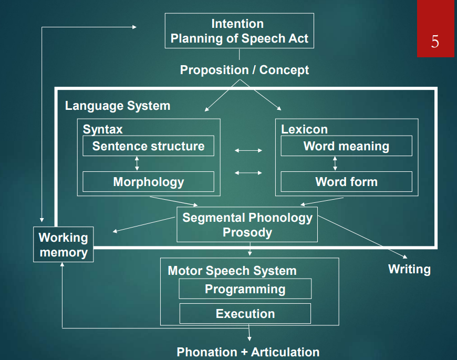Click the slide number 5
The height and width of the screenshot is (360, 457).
coord(435,41)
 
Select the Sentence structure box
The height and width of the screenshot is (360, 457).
coord(148,146)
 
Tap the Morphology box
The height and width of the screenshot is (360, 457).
coord(148,182)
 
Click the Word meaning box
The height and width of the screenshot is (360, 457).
coord(346,146)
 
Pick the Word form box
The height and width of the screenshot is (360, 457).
coord(346,182)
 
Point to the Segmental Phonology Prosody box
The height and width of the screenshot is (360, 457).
coord(247,225)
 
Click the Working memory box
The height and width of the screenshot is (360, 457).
coord(64,245)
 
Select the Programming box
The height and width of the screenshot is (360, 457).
coord(245,289)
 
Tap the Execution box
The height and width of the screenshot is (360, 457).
coord(245,314)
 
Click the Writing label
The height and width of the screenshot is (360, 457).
coord(409,269)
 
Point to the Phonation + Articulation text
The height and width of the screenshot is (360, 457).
coord(248,352)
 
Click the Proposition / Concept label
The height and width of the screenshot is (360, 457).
coord(244,70)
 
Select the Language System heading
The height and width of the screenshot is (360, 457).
coord(118,106)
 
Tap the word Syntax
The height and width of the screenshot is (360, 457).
coord(103,129)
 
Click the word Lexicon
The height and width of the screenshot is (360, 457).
coord(304,129)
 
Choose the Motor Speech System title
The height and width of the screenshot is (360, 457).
coord(232,271)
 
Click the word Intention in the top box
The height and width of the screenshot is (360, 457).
coord(237,24)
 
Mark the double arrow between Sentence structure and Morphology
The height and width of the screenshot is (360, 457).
coord(137,163)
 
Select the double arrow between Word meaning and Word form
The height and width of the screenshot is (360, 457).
coord(335,163)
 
